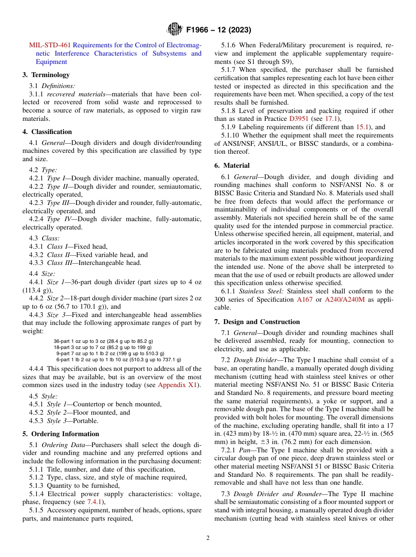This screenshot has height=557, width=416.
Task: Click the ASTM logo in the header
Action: (175, 30)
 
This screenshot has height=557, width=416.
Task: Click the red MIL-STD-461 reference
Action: (49, 45)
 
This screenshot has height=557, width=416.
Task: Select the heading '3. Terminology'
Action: (46, 75)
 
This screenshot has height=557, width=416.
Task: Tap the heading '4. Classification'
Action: (47, 132)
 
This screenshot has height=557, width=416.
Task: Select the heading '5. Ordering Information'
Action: (61, 434)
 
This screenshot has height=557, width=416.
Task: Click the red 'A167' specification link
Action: (304, 300)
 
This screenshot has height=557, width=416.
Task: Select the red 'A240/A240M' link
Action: (345, 300)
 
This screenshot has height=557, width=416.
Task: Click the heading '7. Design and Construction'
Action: (257, 322)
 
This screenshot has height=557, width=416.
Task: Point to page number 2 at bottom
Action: (208, 538)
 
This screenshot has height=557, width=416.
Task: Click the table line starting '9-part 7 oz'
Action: (110, 353)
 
